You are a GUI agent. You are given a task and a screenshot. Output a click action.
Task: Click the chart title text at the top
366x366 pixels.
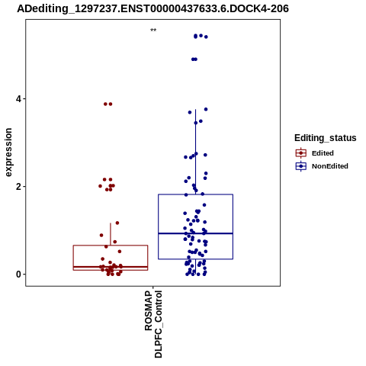[152, 8]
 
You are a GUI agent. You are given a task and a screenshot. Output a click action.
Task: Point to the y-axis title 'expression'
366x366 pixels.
[8, 152]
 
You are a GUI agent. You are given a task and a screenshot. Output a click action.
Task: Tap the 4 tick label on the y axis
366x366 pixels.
[18, 98]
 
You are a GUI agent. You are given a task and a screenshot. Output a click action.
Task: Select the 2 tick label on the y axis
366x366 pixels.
[18, 187]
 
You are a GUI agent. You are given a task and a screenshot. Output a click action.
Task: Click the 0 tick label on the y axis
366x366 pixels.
[18, 274]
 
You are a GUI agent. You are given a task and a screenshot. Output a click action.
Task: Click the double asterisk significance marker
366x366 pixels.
[153, 30]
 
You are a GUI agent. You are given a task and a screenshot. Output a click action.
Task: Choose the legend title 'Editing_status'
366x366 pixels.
[326, 138]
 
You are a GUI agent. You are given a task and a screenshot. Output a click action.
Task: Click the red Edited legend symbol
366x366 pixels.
[301, 153]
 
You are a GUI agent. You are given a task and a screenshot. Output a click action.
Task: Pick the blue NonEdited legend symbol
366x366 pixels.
[301, 166]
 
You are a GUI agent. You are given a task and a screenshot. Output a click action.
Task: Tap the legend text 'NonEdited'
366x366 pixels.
[330, 166]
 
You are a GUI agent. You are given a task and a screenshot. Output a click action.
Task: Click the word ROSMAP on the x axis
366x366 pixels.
[149, 310]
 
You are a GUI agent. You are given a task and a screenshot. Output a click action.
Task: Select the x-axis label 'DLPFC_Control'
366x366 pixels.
[158, 324]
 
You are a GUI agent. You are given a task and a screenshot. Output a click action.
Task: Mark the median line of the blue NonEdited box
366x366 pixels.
[195, 233]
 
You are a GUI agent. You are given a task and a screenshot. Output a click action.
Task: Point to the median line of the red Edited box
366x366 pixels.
[111, 267]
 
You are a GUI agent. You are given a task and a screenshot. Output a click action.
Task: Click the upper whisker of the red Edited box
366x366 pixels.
[111, 234]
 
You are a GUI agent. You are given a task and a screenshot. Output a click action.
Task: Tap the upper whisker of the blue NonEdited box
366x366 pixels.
[195, 152]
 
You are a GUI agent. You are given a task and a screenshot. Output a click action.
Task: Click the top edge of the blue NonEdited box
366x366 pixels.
[195, 194]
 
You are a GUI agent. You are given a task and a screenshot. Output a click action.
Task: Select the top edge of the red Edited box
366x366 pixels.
[111, 246]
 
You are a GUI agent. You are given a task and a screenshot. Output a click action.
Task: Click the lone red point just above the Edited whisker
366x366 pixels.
[117, 223]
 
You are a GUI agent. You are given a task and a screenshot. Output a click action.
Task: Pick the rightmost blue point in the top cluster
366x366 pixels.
[206, 37]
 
